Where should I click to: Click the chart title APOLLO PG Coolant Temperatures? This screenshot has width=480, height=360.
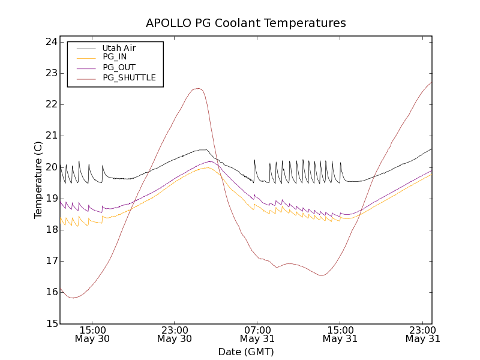point(246,23)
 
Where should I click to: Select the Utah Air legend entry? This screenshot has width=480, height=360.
point(118,47)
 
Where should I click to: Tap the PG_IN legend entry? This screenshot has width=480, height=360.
point(115,57)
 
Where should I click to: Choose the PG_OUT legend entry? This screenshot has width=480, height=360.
point(119,67)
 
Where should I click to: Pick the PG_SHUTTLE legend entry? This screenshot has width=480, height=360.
point(129,77)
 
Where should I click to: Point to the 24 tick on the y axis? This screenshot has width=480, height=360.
point(51,42)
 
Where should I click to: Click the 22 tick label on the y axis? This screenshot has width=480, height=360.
point(51,104)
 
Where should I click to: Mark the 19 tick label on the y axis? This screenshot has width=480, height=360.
point(51,198)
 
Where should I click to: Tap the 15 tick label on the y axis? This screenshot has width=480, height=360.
point(51,323)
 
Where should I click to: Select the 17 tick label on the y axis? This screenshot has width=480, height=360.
point(51,261)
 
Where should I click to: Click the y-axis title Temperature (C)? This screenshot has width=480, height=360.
point(38,180)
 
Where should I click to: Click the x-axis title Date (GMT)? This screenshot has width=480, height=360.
point(246,352)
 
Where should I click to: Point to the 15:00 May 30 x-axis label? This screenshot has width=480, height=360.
point(92,334)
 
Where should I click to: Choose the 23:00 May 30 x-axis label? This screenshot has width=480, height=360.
point(175,334)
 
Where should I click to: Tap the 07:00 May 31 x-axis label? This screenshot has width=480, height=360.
point(257,334)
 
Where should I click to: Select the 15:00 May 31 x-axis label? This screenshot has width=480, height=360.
point(340,334)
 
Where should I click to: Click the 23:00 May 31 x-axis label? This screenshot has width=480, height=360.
point(422,334)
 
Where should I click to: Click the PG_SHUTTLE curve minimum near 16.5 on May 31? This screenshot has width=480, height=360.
point(322,275)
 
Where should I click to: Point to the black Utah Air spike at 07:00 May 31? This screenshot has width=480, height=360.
point(254,160)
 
